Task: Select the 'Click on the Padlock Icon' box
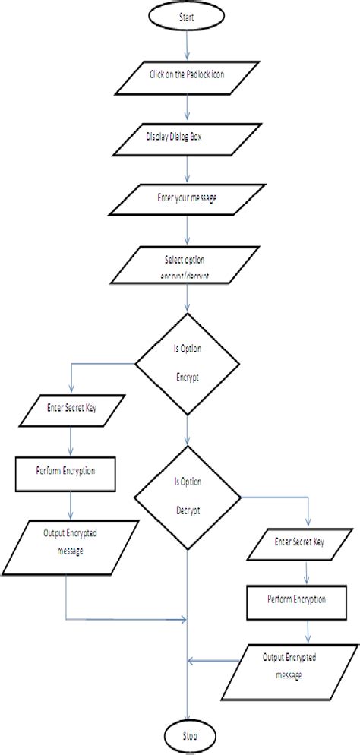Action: click(x=186, y=75)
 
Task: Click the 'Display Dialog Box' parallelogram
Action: click(x=185, y=137)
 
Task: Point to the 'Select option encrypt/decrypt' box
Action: click(x=187, y=265)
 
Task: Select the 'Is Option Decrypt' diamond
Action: click(x=187, y=496)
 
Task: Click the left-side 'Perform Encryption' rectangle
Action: click(x=66, y=471)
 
